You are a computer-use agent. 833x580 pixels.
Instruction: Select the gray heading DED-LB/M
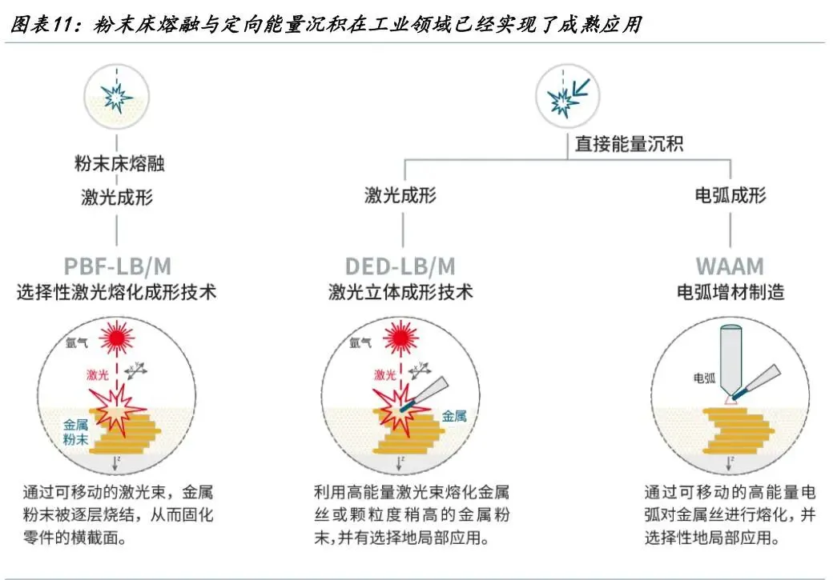(400, 266)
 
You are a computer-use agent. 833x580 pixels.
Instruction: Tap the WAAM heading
(729, 266)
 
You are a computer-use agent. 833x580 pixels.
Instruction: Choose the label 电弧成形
(730, 194)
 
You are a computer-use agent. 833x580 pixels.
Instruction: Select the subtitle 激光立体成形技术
(400, 292)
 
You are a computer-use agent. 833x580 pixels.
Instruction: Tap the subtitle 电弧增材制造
(730, 292)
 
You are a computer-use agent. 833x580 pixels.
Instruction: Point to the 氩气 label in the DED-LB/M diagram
(360, 344)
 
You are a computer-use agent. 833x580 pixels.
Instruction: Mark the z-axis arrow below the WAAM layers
(729, 462)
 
